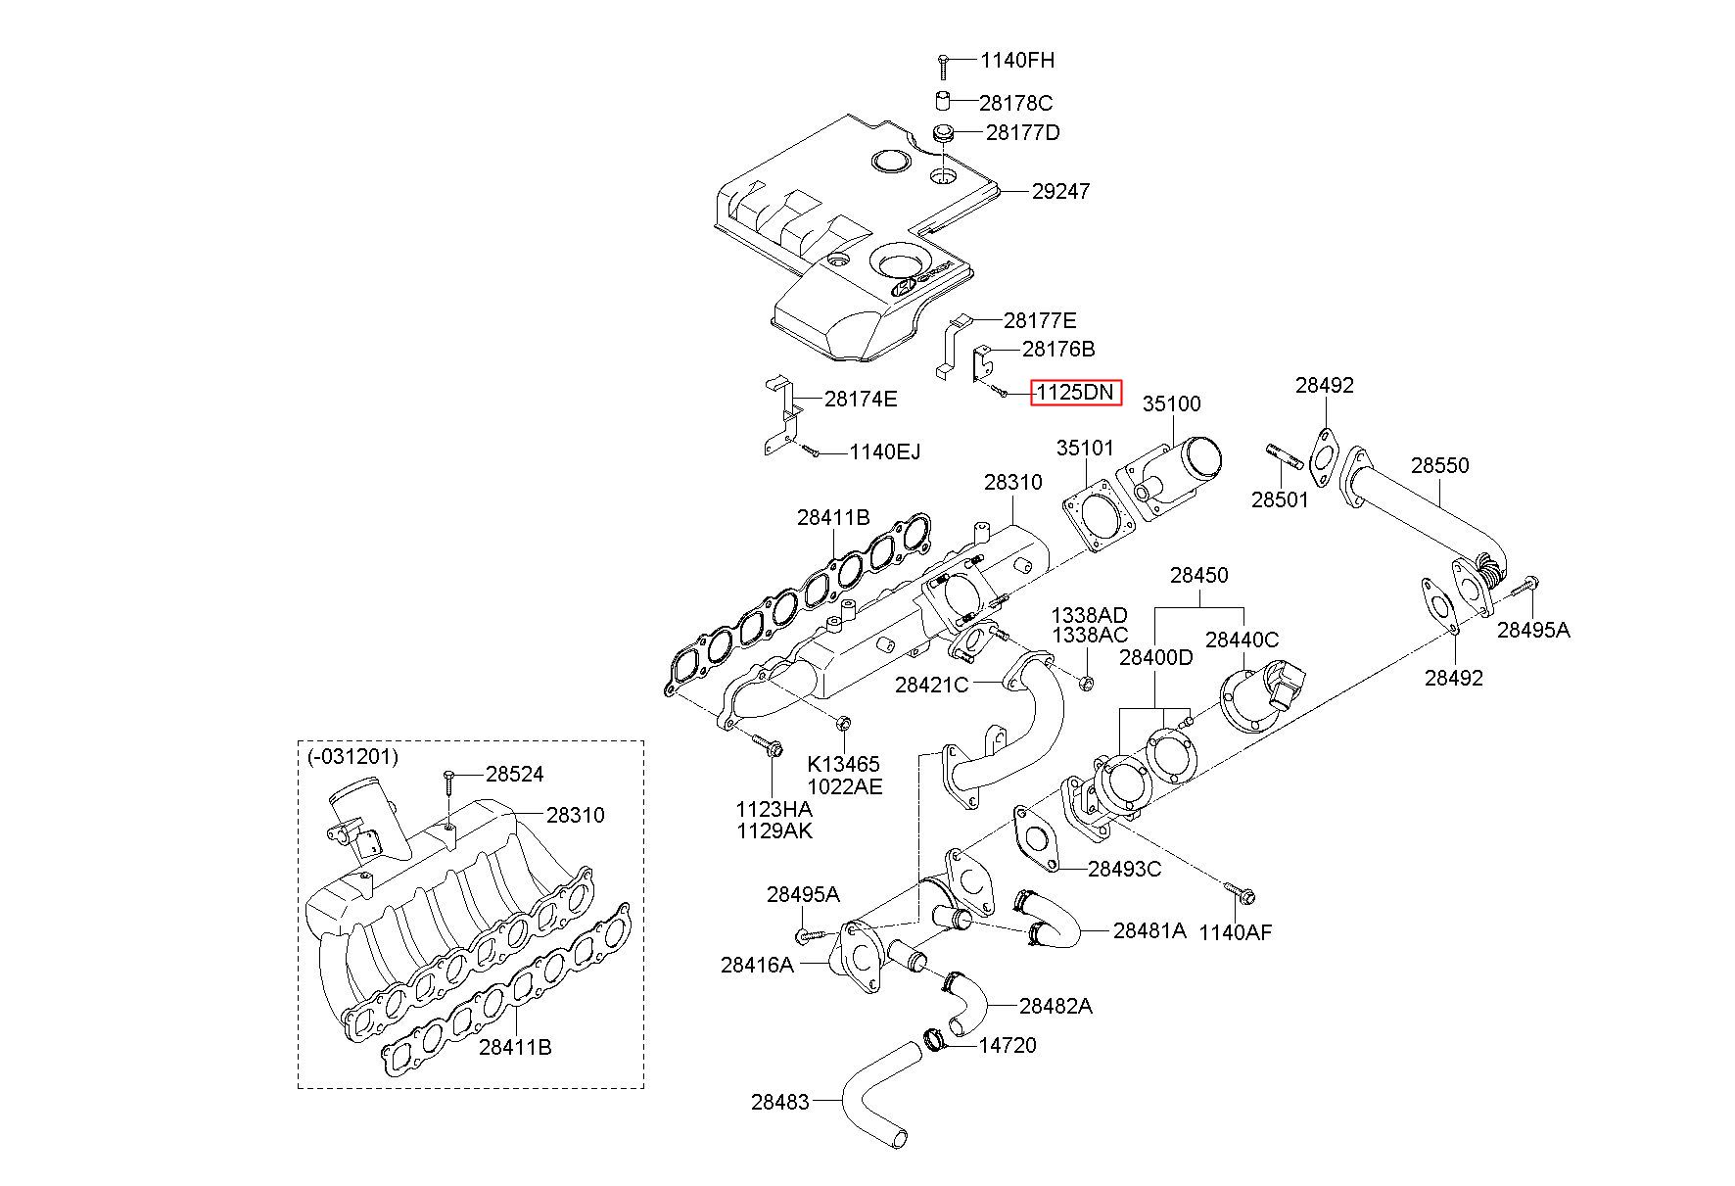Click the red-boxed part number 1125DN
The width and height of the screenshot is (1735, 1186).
coord(1075,393)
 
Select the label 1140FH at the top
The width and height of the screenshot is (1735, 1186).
coord(1017,61)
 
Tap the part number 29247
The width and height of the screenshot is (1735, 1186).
coord(1060,191)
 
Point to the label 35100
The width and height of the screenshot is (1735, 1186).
coord(1171,403)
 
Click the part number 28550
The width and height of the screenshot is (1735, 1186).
coord(1439,465)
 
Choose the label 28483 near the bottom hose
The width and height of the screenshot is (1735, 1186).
coord(780,1102)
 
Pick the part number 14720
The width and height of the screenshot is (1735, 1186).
coord(1008,1045)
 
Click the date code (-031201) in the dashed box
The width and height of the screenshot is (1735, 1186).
coord(352,757)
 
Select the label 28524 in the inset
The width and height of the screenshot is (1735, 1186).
coord(514,774)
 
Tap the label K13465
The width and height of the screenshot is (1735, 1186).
coord(843,765)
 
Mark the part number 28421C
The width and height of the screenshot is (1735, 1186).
coord(931,685)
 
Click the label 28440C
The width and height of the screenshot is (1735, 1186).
coord(1242,640)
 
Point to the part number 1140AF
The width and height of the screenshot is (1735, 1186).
coord(1235,932)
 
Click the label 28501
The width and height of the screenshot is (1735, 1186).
coord(1280,499)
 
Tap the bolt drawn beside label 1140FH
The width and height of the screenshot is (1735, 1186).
coord(942,66)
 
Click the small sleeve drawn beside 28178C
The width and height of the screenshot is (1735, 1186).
coord(941,101)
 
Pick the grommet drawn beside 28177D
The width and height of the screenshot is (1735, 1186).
coord(944,132)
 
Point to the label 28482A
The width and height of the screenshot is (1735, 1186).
coord(1055,1006)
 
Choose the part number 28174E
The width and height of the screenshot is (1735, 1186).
coord(861,399)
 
